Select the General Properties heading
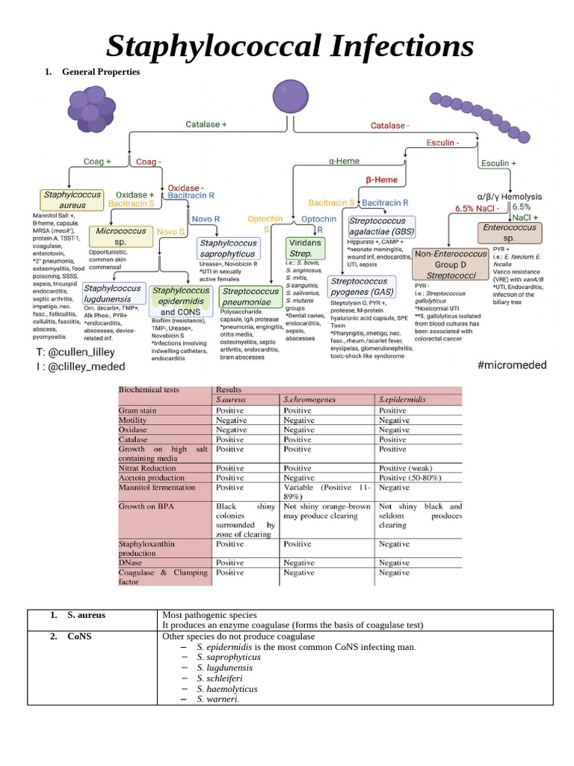[101, 73]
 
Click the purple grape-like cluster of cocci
[90, 110]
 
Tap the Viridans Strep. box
[305, 248]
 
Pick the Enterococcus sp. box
[509, 232]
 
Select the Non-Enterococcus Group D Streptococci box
[451, 265]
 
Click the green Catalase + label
[206, 125]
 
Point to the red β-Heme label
[381, 180]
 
